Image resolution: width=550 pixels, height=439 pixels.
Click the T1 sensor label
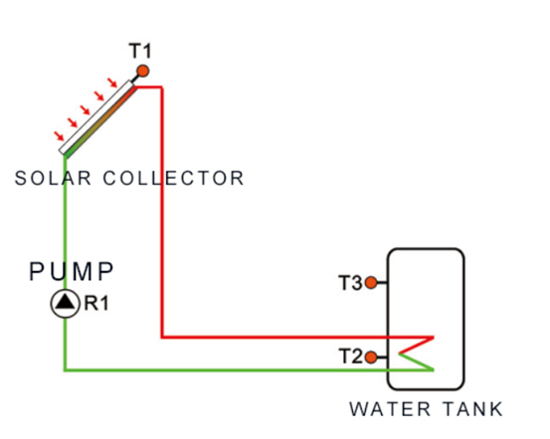(x=140, y=51)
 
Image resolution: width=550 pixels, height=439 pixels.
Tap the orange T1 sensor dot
(x=142, y=71)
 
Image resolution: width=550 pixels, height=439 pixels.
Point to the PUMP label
(x=72, y=271)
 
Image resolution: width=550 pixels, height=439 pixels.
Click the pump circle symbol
(x=65, y=304)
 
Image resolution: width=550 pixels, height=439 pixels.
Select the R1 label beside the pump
(x=94, y=304)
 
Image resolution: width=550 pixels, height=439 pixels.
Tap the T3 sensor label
(x=350, y=283)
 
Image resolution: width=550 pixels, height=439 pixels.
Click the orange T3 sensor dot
(x=371, y=283)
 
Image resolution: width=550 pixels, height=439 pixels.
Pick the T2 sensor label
(x=350, y=357)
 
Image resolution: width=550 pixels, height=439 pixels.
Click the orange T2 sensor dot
(x=371, y=357)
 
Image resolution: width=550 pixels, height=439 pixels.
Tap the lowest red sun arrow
(x=59, y=134)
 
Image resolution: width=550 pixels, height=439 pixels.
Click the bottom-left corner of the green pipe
(x=65, y=369)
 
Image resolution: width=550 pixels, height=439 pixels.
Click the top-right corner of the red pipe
(x=161, y=87)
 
